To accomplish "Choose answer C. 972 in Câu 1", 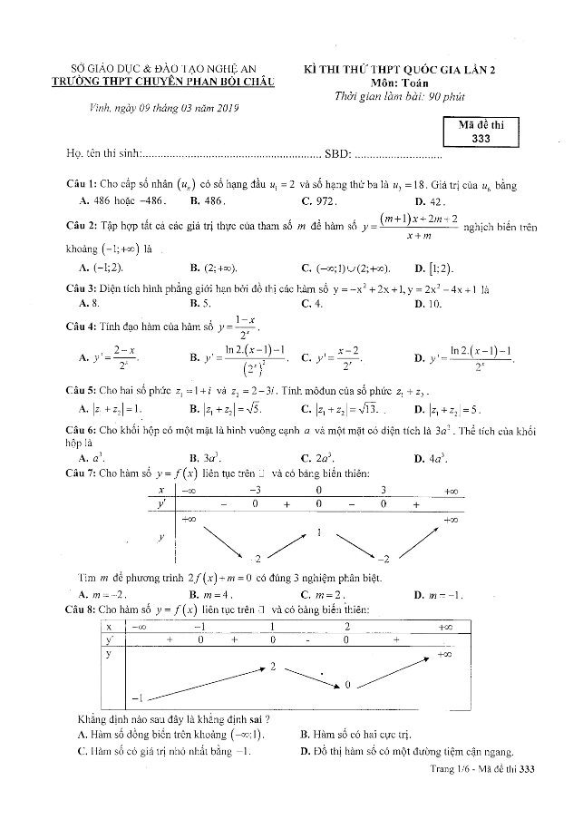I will click(x=319, y=200).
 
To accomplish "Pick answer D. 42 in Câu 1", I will click(x=427, y=200).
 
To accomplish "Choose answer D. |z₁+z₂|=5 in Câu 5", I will click(x=447, y=408).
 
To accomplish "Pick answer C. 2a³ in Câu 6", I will click(x=319, y=458).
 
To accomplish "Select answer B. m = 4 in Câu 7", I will click(x=211, y=594).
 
